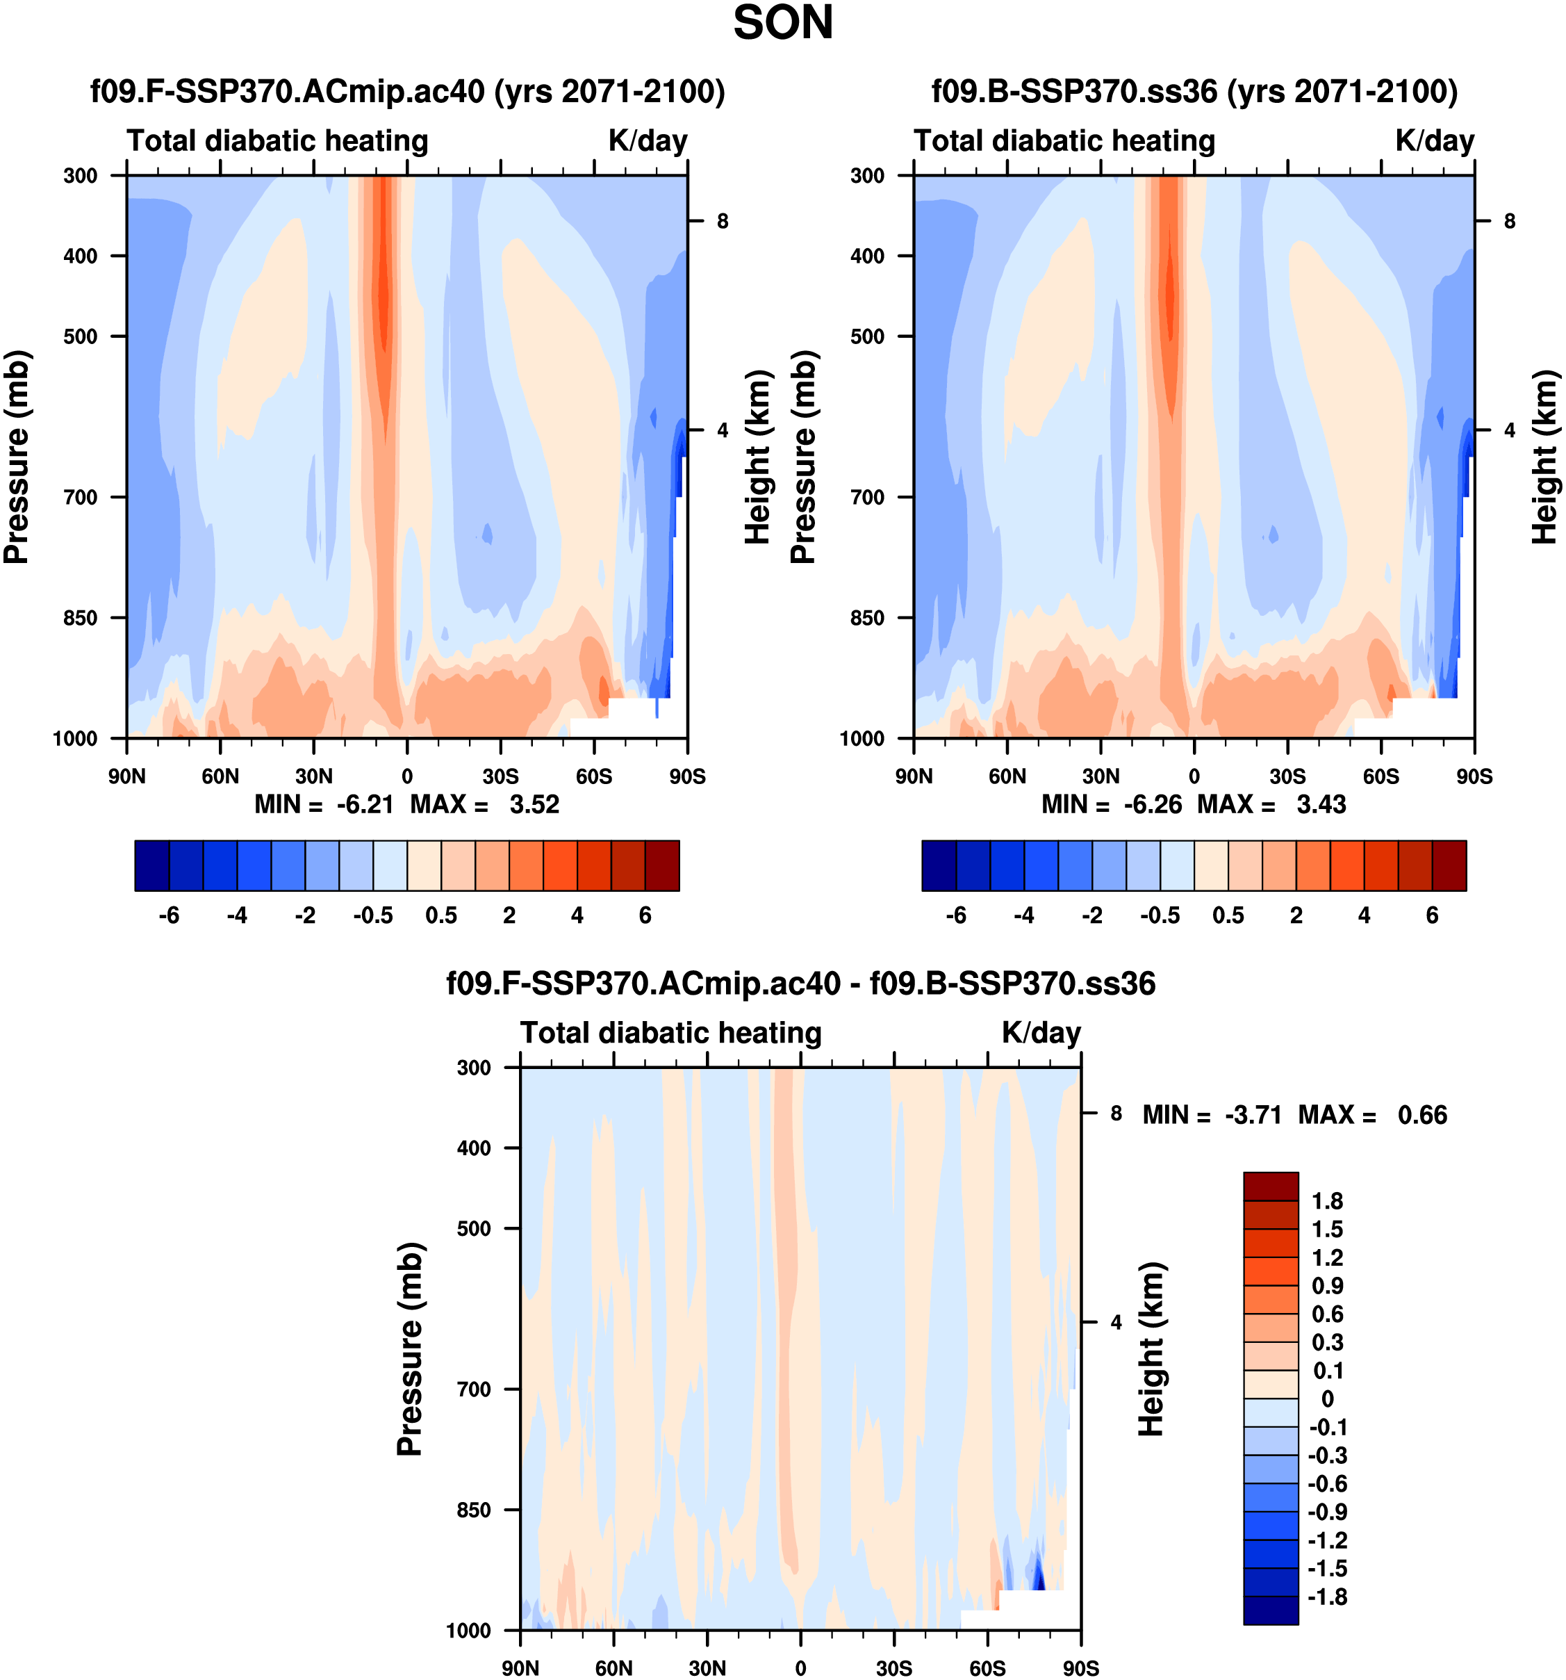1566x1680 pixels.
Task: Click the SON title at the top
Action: point(782,23)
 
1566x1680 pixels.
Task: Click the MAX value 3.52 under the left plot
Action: point(534,804)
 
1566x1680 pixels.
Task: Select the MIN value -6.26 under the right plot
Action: point(1152,804)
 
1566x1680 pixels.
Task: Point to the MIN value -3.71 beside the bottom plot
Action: point(1253,1115)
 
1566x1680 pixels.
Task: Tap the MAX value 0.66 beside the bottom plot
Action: point(1422,1115)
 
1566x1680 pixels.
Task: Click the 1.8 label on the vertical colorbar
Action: point(1327,1201)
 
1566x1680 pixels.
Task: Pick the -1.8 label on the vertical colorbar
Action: point(1327,1597)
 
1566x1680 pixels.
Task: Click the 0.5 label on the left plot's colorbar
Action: point(441,915)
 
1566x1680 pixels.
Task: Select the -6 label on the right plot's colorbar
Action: point(955,915)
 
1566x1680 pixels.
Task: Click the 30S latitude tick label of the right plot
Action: point(1287,776)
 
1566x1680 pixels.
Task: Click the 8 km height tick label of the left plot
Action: point(722,222)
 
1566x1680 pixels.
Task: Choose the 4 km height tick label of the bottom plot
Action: point(1116,1322)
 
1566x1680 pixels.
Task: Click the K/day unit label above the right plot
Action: point(1434,140)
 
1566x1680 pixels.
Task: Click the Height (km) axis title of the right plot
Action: point(1544,457)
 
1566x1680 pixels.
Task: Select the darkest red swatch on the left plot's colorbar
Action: point(662,865)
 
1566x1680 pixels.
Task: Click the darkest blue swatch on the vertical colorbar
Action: point(1270,1610)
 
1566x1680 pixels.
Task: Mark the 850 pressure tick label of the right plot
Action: point(868,618)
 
